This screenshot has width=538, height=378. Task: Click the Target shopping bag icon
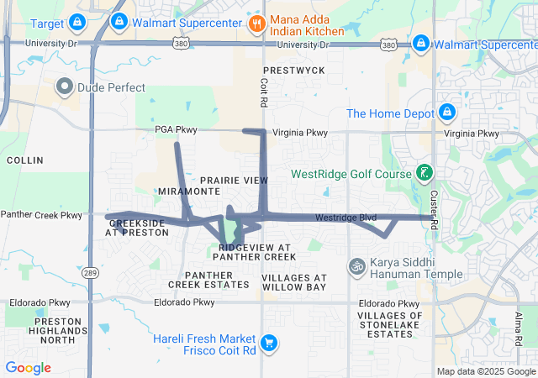click(77, 21)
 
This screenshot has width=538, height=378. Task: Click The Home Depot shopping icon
click(446, 113)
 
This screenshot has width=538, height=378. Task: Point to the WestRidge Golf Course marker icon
click(425, 174)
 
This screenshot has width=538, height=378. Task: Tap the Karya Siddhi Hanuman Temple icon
click(356, 265)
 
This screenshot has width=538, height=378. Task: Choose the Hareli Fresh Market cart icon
click(269, 343)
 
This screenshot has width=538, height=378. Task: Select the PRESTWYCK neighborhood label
click(293, 71)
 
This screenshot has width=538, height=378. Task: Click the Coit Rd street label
click(262, 92)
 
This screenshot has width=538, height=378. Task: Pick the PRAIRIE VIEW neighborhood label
click(235, 181)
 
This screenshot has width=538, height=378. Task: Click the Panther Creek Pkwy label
click(41, 215)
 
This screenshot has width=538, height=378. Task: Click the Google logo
click(28, 368)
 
